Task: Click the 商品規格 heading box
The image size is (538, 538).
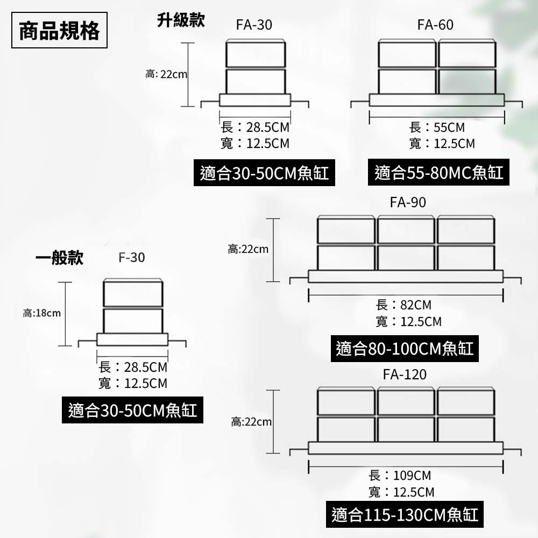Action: coord(59,30)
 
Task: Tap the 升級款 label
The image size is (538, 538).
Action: coord(181,20)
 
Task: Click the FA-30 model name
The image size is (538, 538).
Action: coord(254,25)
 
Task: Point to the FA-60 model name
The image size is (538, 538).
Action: coord(435,25)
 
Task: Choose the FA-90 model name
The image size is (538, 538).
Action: coord(408,202)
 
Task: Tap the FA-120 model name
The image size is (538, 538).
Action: coord(405,374)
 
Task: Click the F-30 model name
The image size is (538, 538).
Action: coord(132,258)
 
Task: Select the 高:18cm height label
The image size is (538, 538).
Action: coord(41,313)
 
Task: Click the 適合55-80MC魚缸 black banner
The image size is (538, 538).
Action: coord(438,173)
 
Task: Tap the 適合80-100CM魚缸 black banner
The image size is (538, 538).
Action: coord(405,349)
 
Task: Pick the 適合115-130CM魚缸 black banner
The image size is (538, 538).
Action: coord(405,515)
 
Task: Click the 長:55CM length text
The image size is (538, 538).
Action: coord(437,128)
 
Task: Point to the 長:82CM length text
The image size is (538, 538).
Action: coord(403,305)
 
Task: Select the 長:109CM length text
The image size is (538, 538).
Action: coord(400,476)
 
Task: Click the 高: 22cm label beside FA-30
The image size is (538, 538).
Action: coord(166,74)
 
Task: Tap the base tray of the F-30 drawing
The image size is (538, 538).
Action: coord(132,339)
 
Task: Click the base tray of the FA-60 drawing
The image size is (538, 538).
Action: coord(436,100)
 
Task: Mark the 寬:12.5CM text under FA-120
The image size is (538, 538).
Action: coord(401,492)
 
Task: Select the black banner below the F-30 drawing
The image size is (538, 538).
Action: coord(132,410)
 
